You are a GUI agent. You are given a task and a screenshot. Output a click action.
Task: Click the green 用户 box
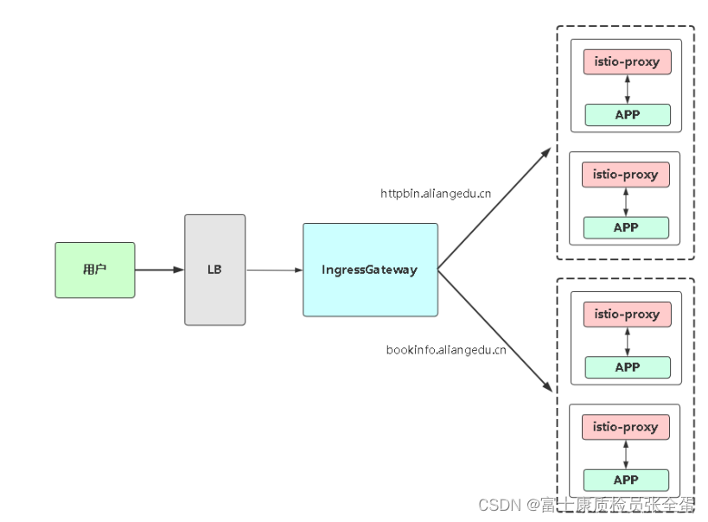coord(95,270)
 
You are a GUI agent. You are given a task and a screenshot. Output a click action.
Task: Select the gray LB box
coord(214,270)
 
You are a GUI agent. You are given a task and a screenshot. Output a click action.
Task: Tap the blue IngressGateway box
coord(370,270)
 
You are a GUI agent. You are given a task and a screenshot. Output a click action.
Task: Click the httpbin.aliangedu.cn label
coord(436,194)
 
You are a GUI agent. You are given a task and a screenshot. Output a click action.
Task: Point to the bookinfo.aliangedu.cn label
coord(446,350)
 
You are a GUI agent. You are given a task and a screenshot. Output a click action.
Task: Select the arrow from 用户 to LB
coord(159,270)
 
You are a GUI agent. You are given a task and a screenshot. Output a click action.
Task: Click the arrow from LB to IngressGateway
coord(274,271)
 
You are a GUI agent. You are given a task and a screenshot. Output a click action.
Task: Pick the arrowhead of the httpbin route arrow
coord(546,152)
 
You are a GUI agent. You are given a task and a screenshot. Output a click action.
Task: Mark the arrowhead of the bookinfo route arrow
coord(546,388)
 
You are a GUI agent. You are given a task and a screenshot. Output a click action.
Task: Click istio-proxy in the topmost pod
coord(628,62)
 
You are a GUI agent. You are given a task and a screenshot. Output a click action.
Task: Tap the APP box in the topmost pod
coord(628,115)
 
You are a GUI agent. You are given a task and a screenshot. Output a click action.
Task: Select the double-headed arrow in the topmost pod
coord(628,89)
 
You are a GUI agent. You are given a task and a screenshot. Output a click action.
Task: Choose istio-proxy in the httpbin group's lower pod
coord(626,175)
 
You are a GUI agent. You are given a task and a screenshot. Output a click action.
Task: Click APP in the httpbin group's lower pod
coord(626,227)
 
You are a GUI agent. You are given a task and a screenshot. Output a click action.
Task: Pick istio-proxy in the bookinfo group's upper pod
coord(628,315)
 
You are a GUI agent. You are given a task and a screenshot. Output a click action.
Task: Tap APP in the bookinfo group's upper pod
coord(628,367)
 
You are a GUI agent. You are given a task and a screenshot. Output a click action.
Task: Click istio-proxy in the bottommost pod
coord(626,427)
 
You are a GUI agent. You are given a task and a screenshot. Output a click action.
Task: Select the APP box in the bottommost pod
coord(626,480)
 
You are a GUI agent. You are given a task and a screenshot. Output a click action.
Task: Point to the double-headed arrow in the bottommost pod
coord(626,454)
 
